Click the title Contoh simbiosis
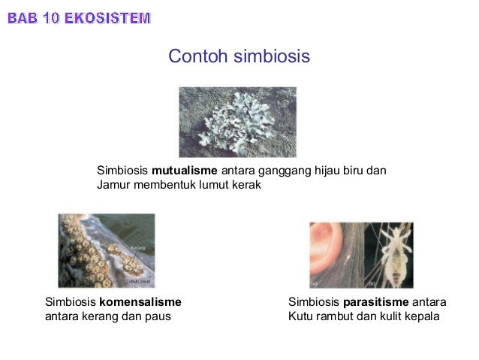point(239,57)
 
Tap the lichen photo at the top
point(237,122)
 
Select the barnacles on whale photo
point(107,251)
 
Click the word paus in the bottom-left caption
point(158,316)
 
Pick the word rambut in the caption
point(336,316)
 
